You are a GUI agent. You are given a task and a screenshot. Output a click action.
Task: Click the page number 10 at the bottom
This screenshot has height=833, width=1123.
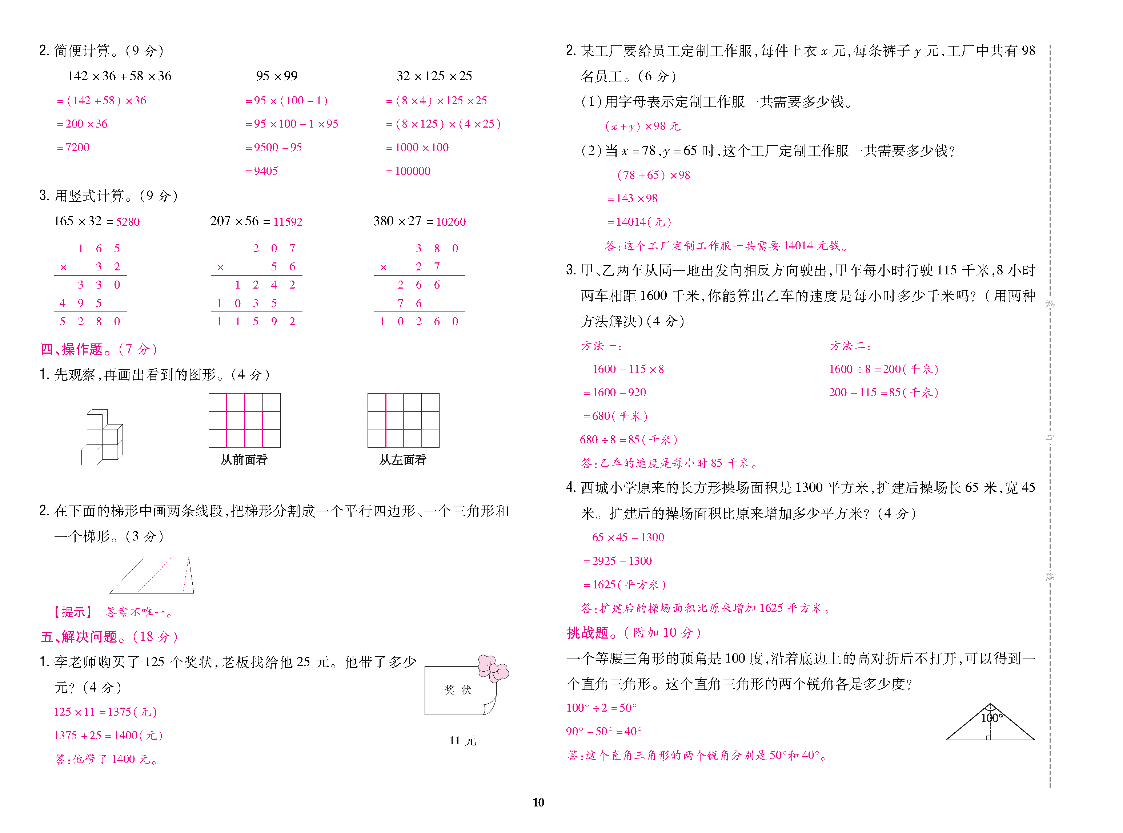(538, 802)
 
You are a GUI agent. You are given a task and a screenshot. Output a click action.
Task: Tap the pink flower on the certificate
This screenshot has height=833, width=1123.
(493, 668)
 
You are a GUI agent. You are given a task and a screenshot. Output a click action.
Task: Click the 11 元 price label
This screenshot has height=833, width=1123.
(462, 740)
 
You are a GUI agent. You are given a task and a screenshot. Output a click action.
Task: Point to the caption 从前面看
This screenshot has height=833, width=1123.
(244, 459)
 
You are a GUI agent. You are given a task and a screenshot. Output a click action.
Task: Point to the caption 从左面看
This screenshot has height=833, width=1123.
(403, 459)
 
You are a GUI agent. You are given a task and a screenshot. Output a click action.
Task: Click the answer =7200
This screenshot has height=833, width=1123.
(74, 147)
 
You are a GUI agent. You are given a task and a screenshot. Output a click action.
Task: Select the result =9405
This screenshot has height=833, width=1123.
(262, 171)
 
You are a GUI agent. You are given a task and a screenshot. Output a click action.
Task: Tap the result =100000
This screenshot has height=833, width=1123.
(409, 171)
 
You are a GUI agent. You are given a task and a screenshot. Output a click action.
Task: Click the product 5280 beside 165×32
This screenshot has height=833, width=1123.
(128, 222)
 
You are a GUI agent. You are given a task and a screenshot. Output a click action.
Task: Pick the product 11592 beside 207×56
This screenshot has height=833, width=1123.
(288, 222)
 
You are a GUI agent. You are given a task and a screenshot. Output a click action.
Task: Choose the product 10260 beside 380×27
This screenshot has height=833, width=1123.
(451, 222)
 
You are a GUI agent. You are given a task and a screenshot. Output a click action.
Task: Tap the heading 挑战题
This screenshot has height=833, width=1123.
(588, 632)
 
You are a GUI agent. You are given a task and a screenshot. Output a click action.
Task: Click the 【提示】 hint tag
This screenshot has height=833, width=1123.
(73, 612)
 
